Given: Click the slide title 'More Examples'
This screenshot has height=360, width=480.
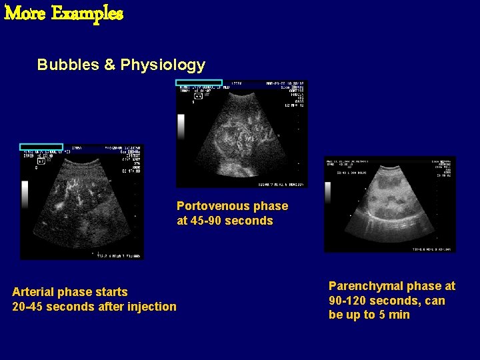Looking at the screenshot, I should pyautogui.click(x=64, y=13).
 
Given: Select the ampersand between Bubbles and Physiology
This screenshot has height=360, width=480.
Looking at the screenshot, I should pyautogui.click(x=110, y=65).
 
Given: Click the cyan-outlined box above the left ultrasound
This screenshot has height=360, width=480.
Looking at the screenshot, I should pyautogui.click(x=41, y=147).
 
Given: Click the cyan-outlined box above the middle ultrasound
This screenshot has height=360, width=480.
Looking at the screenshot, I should pyautogui.click(x=199, y=83).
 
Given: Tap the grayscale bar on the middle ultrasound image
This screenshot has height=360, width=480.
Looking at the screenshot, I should pyautogui.click(x=181, y=127).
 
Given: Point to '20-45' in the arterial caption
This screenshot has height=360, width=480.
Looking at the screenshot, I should pyautogui.click(x=27, y=307).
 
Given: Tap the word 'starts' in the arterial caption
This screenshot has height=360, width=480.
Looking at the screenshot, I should pyautogui.click(x=111, y=292).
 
